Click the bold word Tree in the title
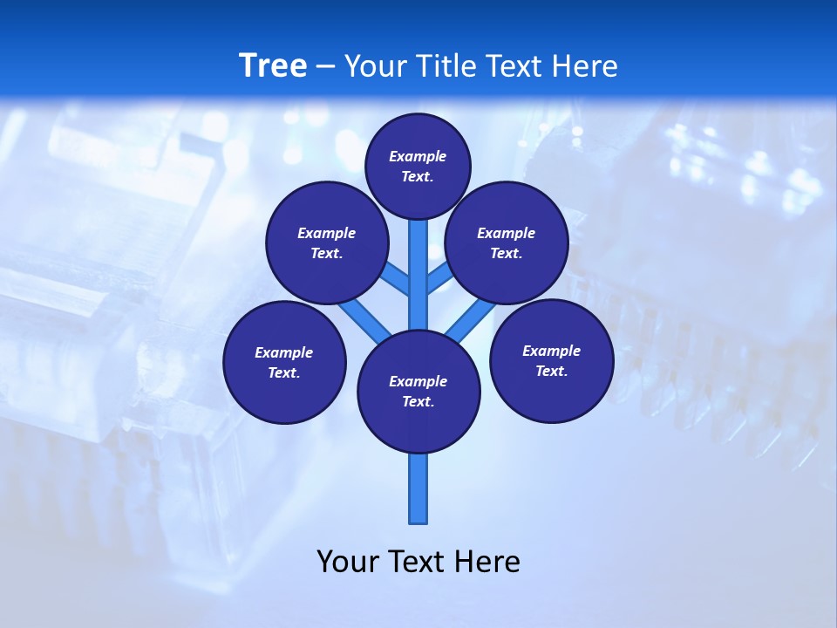(273, 65)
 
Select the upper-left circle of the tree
(326, 242)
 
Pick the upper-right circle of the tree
(507, 242)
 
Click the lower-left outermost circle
(284, 362)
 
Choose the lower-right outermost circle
(552, 360)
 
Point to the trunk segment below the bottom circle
(418, 488)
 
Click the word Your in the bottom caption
(348, 561)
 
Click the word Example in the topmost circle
(418, 156)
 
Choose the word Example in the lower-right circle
(551, 351)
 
